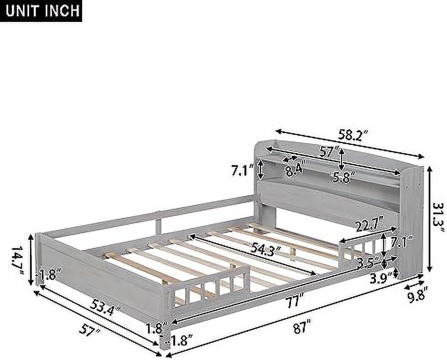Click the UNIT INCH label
pos(42,10)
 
